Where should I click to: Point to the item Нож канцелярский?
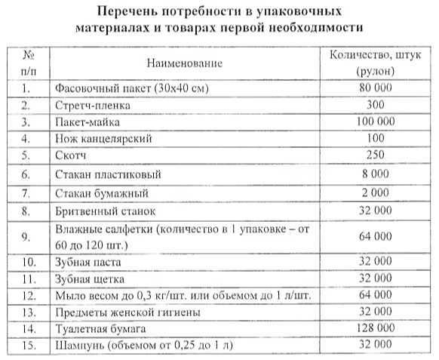pyautogui.click(x=104, y=139)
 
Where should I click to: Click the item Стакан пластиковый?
pyautogui.click(x=109, y=174)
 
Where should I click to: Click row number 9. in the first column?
pyautogui.click(x=26, y=235)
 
